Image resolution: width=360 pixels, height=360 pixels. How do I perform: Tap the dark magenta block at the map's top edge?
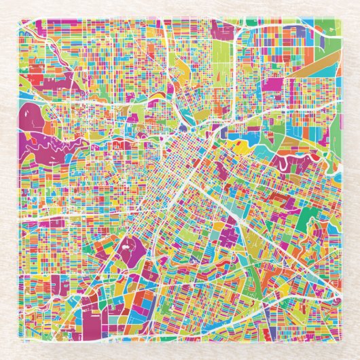pos(222,29)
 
